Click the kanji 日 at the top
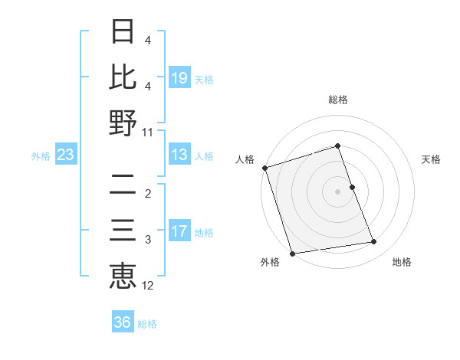tap(123, 31)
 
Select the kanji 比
tap(123, 77)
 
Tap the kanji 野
tap(123, 123)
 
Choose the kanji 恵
tap(123, 276)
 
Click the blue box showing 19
tap(179, 77)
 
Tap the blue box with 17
tap(179, 231)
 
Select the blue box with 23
tap(65, 155)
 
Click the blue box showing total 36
tap(123, 322)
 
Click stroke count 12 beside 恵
tap(148, 286)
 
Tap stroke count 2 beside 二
tap(148, 194)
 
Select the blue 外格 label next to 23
tap(41, 156)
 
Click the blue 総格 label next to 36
tap(147, 323)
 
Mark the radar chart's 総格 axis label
tap(337, 100)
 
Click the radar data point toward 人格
tap(264, 168)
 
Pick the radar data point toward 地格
tap(374, 242)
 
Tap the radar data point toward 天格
tap(352, 187)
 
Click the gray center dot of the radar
tap(337, 191)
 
